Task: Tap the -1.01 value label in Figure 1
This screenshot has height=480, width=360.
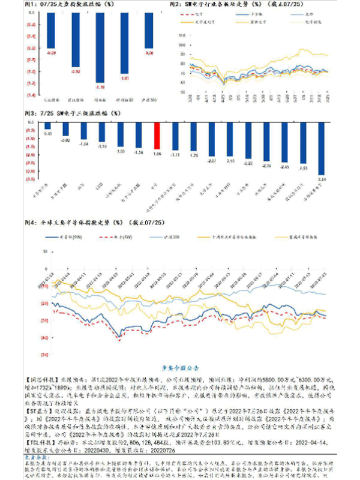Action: point(125,78)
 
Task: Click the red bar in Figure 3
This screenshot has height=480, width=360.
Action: point(157,136)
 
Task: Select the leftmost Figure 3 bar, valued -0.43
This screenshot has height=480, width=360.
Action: point(47,127)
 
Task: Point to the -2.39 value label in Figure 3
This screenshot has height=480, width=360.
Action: point(267,165)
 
